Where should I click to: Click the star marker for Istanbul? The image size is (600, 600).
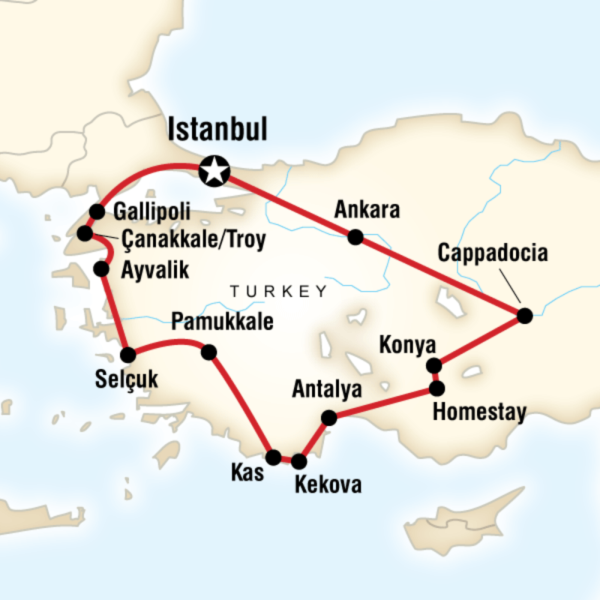pyautogui.click(x=214, y=172)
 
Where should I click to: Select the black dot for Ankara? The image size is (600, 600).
pyautogui.click(x=355, y=238)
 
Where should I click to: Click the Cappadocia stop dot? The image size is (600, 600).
pyautogui.click(x=524, y=316)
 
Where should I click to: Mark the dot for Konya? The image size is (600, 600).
pyautogui.click(x=433, y=366)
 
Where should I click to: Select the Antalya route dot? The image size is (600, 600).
pyautogui.click(x=328, y=417)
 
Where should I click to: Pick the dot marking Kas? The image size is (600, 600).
pyautogui.click(x=274, y=457)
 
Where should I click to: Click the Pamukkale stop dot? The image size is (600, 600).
pyautogui.click(x=209, y=351)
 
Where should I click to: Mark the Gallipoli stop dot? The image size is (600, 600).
pyautogui.click(x=96, y=211)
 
